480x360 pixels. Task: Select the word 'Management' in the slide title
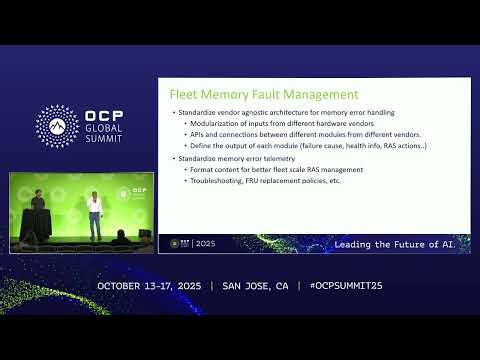[x=320, y=94]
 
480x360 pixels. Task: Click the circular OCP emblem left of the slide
[x=56, y=125]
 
